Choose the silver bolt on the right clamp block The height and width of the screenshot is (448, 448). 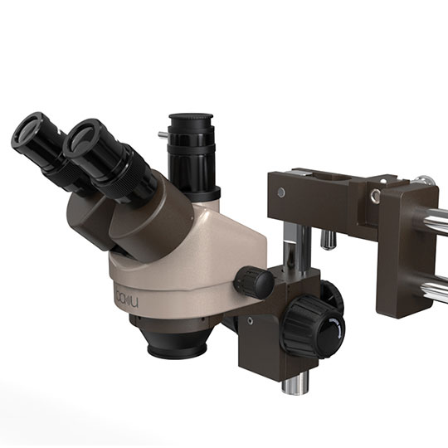point(376,196)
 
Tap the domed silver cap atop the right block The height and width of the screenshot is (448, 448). point(423,180)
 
